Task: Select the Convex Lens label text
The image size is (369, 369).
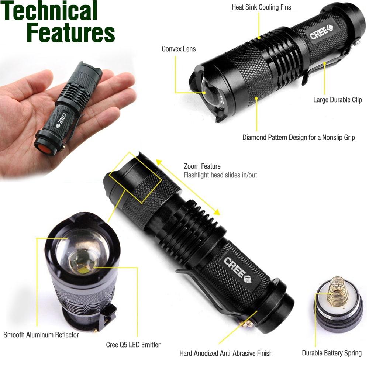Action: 179,49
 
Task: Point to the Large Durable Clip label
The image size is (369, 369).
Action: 337,100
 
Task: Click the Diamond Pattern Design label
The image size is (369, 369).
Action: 298,138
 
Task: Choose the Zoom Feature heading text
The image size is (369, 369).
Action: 202,166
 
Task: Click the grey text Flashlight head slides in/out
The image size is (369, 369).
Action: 220,175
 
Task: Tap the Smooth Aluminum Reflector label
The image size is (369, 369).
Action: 41,335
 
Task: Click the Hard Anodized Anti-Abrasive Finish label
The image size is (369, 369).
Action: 226,354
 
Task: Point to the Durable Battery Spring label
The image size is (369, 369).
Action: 332,353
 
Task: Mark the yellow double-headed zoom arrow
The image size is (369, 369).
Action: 188,187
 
